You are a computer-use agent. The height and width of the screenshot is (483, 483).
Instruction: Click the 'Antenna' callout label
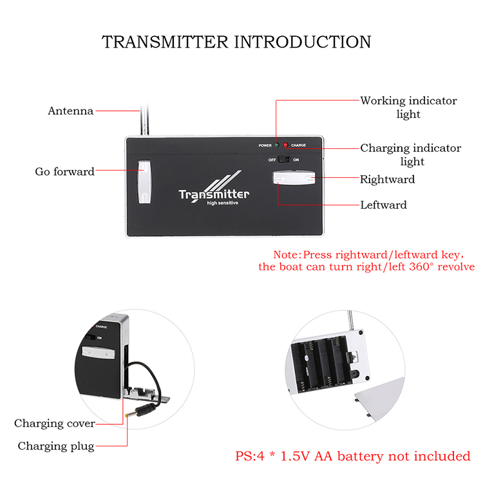pos(71,111)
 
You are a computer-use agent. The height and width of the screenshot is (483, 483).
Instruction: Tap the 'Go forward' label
pos(64,171)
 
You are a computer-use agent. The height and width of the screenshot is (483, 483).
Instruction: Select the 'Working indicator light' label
pos(408,107)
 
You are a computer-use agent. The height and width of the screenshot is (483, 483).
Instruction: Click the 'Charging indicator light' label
pos(410,155)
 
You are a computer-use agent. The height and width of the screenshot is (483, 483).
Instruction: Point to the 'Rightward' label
pos(387,179)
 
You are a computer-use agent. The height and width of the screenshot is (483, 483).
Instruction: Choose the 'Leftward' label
pos(383,205)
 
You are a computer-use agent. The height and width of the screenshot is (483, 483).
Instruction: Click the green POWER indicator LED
pos(276,146)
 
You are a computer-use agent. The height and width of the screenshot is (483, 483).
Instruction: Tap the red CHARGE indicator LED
pos(286,146)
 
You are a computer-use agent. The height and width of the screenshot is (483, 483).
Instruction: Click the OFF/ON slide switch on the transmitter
pos(281,160)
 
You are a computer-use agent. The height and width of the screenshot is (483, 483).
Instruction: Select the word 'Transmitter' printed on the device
pos(214,194)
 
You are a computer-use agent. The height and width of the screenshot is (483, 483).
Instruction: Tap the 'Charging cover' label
pos(55,423)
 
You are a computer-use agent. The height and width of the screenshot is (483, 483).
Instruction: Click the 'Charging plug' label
pos(56,446)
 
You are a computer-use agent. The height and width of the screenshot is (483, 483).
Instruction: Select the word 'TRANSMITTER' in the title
pos(164,42)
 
